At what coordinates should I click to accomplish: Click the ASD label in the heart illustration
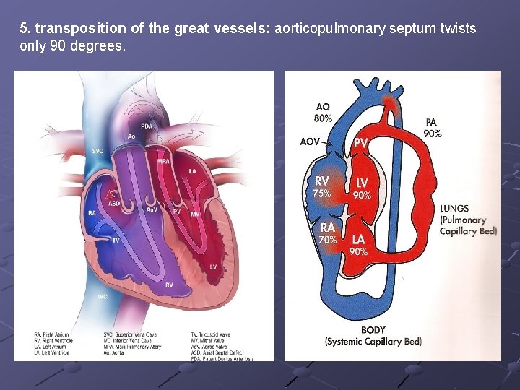[113, 204]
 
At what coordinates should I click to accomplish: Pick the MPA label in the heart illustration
[164, 160]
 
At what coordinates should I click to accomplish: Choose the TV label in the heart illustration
[116, 240]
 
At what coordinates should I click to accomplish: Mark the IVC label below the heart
[102, 297]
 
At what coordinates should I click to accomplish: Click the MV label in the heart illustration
[195, 214]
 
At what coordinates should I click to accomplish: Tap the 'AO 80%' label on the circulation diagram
[323, 113]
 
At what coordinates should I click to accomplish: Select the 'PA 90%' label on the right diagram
[432, 128]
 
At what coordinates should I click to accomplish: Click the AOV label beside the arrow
[311, 142]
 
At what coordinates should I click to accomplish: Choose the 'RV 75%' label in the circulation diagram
[322, 186]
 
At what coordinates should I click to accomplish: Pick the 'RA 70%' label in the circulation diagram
[328, 233]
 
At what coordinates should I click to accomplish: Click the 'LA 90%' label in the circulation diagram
[359, 245]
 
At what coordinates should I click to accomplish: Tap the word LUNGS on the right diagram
[454, 209]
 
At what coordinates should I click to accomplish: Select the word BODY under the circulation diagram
[373, 330]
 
